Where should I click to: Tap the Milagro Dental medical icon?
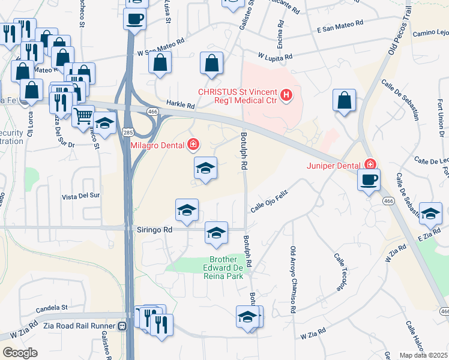coord(193,144)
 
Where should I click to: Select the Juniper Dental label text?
coord(334,165)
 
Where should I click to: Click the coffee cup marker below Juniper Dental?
coord(369,179)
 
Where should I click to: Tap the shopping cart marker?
coord(83,115)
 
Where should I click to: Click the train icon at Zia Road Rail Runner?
coord(122,326)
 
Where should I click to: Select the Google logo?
coord(20,352)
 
